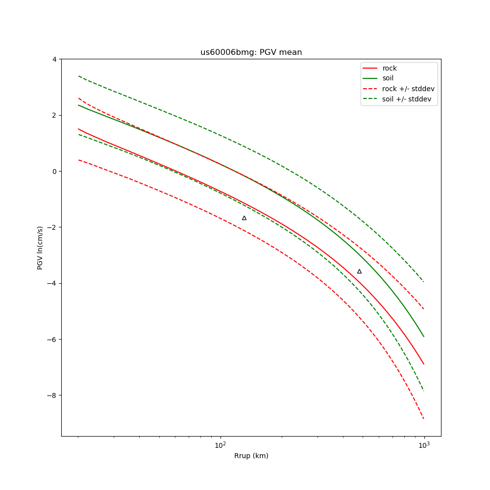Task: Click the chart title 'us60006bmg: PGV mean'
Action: [251, 52]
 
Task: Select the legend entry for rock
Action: [390, 68]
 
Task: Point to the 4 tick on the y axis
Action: [54, 59]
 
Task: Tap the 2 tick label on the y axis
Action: [54, 115]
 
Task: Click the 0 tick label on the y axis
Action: [54, 171]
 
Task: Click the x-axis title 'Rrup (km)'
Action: [251, 456]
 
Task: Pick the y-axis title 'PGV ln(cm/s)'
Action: [40, 247]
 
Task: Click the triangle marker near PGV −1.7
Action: [244, 218]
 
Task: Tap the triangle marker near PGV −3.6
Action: [359, 271]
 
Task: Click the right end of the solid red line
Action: [424, 364]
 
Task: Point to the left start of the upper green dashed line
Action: [78, 76]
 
